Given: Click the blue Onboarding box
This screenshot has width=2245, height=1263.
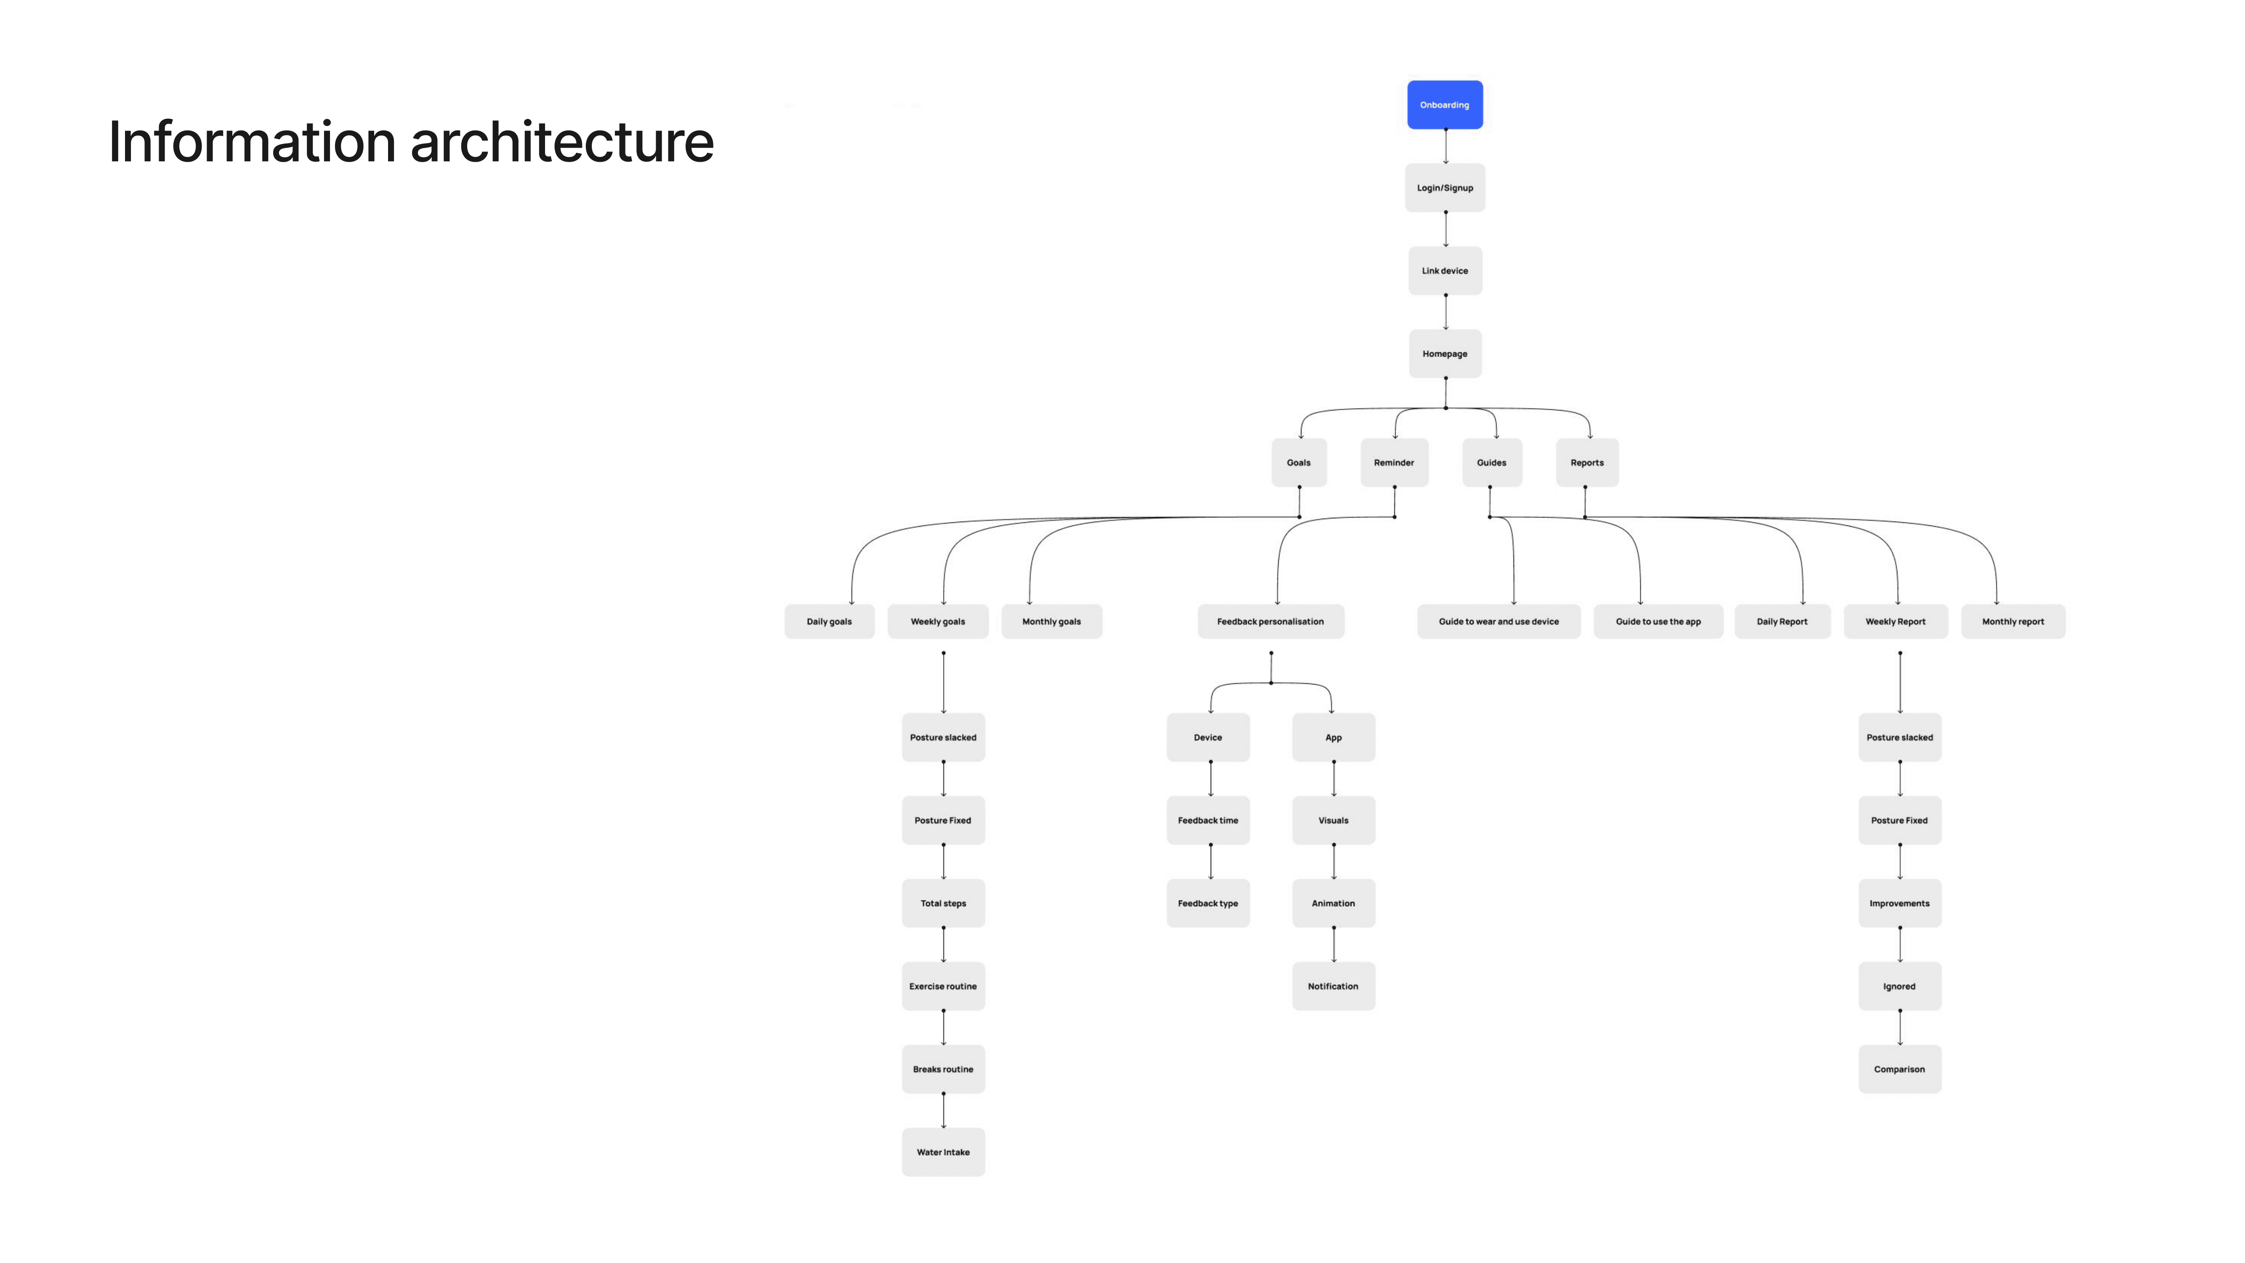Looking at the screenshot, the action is coord(1444,104).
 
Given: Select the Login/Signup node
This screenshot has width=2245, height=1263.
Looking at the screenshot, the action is coord(1444,187).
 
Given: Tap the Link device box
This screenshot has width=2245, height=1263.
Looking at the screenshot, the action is coord(1444,270).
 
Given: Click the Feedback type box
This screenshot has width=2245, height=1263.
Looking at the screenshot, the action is coord(1207,903).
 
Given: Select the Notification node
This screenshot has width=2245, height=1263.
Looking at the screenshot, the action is coord(1333,986).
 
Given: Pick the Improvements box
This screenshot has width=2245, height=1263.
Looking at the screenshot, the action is coord(1899,903).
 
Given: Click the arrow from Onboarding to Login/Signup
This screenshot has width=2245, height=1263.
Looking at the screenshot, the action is coord(1445,147).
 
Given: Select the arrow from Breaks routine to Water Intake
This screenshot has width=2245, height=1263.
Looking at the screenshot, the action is coord(943,1111).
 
